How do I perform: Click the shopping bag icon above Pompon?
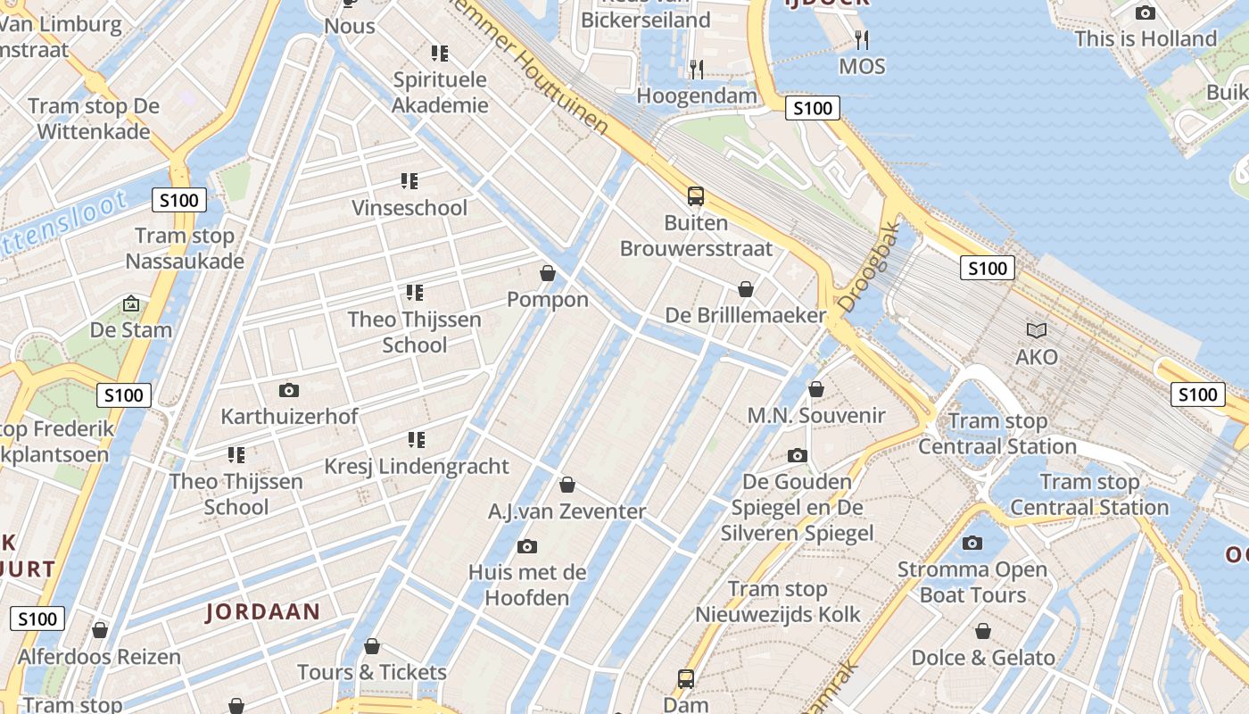[548, 273]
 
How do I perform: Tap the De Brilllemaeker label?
[746, 315]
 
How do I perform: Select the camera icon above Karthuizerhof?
[288, 390]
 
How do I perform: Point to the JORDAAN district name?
[262, 611]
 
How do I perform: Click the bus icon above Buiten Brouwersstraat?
[696, 196]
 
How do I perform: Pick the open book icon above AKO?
[1037, 331]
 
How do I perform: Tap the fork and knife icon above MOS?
[861, 39]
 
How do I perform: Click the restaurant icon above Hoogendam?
[697, 69]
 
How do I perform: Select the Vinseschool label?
[409, 208]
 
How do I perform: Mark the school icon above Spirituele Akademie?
[439, 54]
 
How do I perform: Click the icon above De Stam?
[131, 304]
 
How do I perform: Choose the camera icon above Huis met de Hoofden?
[527, 546]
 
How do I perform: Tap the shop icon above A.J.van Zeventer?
[567, 486]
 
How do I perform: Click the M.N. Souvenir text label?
[816, 415]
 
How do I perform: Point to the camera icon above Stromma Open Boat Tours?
[972, 543]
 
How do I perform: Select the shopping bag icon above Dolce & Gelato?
[983, 632]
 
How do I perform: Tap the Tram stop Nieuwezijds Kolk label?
[778, 602]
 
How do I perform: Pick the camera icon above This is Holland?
[1146, 12]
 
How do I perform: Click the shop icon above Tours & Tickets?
[372, 646]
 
